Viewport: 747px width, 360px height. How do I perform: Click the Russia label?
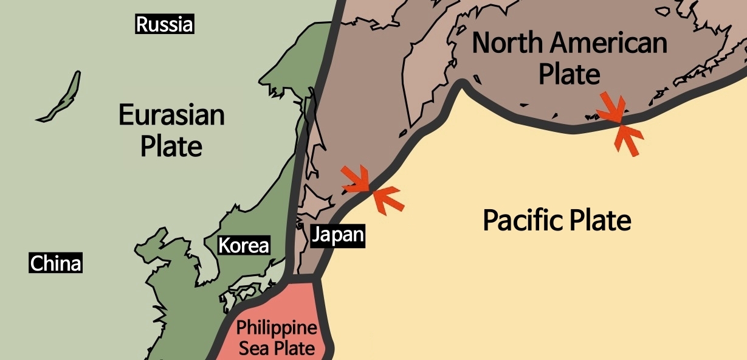click(x=165, y=25)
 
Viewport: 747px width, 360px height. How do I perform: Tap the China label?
click(x=55, y=264)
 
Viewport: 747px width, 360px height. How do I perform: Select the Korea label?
click(x=243, y=246)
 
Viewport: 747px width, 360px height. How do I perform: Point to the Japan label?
click(x=338, y=235)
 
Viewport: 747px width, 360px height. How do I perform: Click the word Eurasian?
click(x=171, y=114)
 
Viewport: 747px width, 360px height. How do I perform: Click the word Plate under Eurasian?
click(x=171, y=146)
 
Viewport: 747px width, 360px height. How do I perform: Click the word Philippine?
click(x=277, y=329)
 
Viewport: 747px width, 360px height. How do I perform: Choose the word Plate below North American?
click(x=570, y=74)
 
